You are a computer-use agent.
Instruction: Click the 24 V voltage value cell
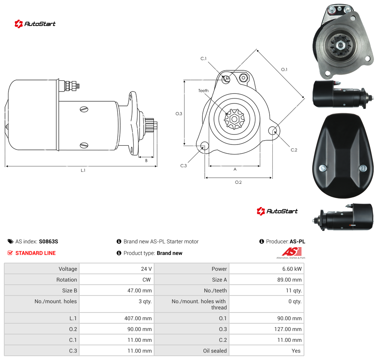(x=146, y=269)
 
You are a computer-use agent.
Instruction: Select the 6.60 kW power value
(x=292, y=269)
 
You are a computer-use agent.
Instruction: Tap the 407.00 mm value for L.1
(x=138, y=318)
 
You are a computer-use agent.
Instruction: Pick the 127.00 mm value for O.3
(x=288, y=329)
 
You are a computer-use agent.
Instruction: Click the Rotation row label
(x=66, y=280)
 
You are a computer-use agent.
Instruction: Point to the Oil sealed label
(x=215, y=351)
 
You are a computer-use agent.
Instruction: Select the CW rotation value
(x=146, y=280)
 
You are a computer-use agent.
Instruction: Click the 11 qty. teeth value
(x=294, y=290)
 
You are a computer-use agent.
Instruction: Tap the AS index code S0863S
(x=49, y=241)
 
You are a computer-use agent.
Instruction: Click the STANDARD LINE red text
(x=36, y=253)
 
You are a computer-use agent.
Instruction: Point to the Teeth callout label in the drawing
(x=204, y=91)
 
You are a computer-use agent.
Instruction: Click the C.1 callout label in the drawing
(x=204, y=58)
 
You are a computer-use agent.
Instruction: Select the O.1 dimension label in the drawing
(x=284, y=70)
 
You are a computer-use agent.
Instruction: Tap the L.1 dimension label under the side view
(x=83, y=170)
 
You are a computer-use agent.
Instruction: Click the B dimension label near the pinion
(x=146, y=160)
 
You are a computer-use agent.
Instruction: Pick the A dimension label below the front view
(x=235, y=169)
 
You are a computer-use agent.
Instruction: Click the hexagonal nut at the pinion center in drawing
(x=234, y=119)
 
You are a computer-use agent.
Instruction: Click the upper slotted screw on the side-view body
(x=84, y=109)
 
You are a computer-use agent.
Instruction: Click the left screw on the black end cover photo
(x=323, y=168)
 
